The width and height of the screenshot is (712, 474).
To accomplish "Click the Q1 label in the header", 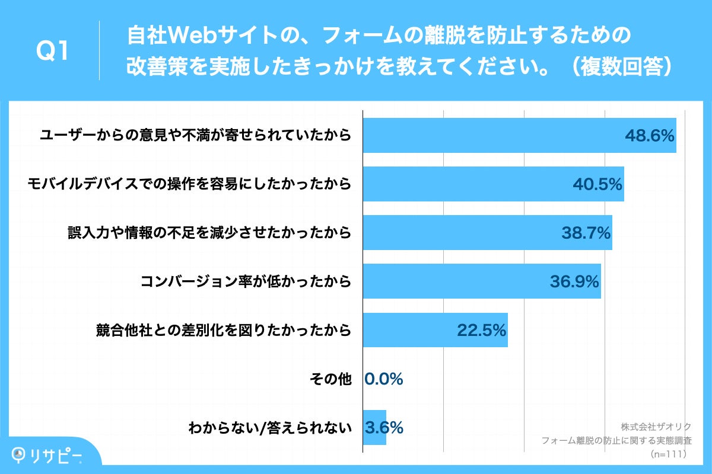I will (53, 52).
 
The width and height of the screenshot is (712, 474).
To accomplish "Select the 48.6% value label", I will (650, 136).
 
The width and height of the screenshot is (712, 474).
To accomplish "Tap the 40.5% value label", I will (597, 184).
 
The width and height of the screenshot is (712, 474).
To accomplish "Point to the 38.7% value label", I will (586, 233).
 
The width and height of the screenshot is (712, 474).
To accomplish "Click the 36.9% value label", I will (574, 281).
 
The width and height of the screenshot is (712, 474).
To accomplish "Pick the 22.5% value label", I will (481, 330).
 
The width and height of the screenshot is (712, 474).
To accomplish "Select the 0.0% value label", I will (384, 379).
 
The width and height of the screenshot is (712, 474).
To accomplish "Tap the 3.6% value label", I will (384, 427).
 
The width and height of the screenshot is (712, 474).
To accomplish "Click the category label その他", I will (330, 379).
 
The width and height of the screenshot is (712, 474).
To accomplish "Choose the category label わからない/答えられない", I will (269, 427).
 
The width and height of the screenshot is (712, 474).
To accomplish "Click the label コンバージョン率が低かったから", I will (246, 281).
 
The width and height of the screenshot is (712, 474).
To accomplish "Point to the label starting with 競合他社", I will (224, 330).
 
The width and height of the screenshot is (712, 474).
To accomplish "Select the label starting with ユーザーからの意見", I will (195, 136).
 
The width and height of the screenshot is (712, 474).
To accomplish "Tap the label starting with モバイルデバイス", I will (189, 184).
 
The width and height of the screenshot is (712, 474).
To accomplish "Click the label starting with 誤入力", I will (209, 233).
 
